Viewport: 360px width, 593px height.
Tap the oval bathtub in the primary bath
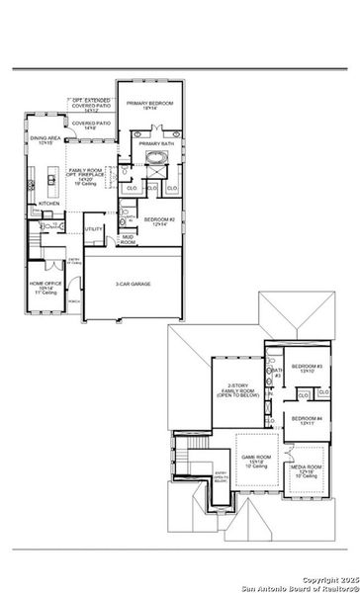point(155,158)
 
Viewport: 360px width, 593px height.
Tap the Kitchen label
point(48,204)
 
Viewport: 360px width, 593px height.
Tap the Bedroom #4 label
point(309,421)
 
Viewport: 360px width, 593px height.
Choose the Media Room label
point(311,470)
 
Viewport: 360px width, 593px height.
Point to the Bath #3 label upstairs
point(278,373)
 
